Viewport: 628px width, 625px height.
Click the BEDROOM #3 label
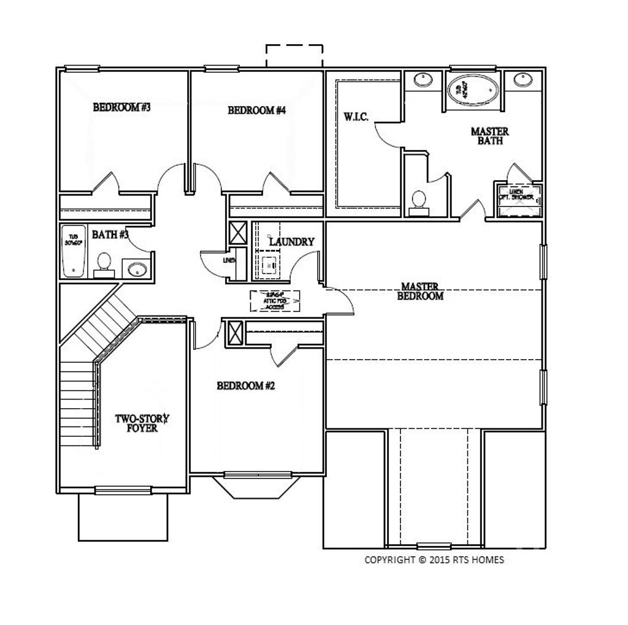coord(121,108)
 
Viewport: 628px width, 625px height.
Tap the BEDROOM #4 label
coord(257,111)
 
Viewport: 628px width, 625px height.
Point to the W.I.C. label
coord(356,116)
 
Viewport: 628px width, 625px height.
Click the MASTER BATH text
coord(489,136)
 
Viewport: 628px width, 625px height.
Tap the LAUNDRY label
coord(291,242)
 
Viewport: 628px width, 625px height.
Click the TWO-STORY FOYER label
coord(142,423)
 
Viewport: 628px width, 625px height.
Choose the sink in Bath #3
coord(136,269)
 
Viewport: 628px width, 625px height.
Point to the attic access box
coord(275,300)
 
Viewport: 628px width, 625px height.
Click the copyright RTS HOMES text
coord(434,559)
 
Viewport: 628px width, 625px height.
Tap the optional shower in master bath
coord(518,200)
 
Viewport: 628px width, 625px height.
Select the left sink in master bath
coord(422,80)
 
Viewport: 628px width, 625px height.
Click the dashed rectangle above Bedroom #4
coord(294,56)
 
